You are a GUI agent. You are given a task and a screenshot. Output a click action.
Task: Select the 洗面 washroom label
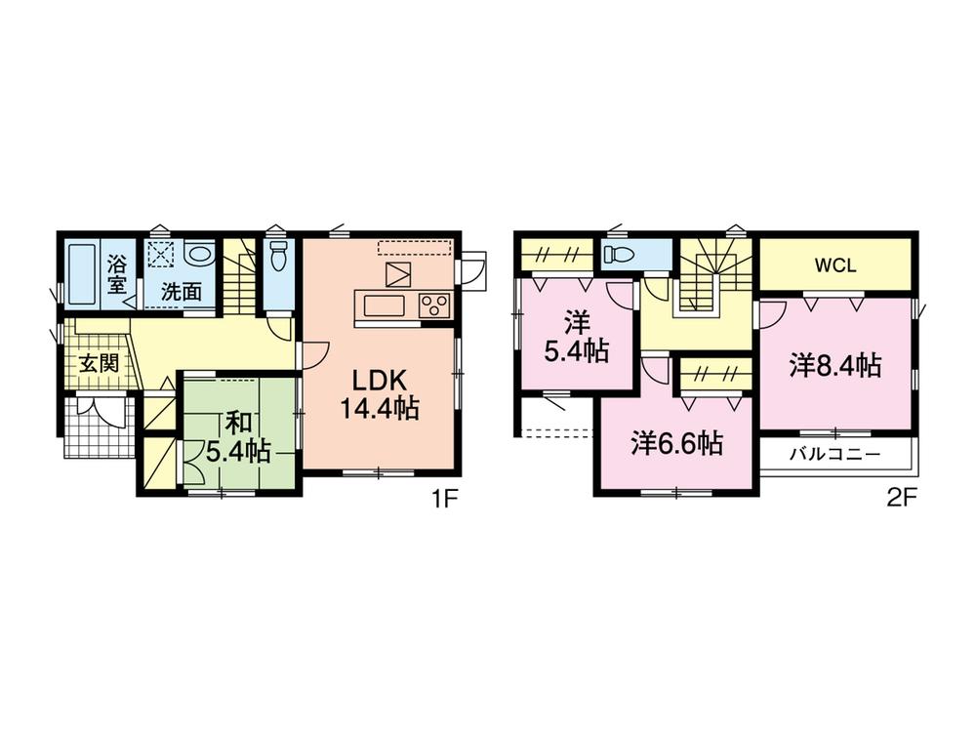[182, 291]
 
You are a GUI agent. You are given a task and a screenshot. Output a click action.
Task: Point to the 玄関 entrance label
[99, 364]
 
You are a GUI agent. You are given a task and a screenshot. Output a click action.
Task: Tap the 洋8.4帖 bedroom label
[835, 366]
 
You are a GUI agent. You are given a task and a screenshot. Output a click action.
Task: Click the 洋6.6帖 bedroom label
[675, 444]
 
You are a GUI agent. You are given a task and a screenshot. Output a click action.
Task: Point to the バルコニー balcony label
[834, 455]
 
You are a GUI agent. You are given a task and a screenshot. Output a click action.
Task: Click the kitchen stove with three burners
[434, 305]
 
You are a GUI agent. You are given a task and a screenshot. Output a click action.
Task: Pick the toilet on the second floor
[620, 256]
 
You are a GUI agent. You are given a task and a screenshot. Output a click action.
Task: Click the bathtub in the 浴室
[82, 274]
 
